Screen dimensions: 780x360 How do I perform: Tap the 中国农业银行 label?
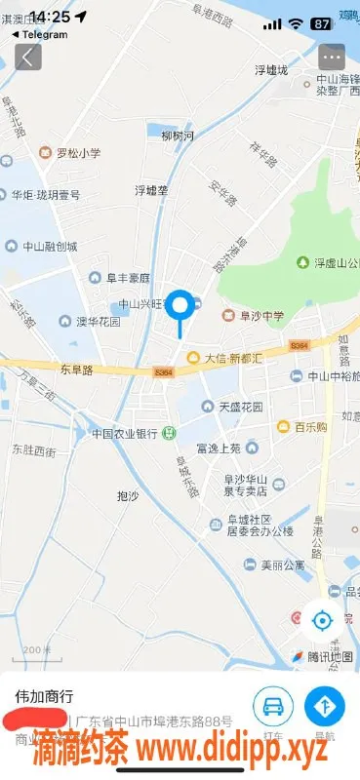coord(125,433)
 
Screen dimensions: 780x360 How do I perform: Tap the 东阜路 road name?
coord(75,370)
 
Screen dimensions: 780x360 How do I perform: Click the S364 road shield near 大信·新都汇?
coord(163,371)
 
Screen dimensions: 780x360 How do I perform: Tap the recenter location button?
coord(321,618)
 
